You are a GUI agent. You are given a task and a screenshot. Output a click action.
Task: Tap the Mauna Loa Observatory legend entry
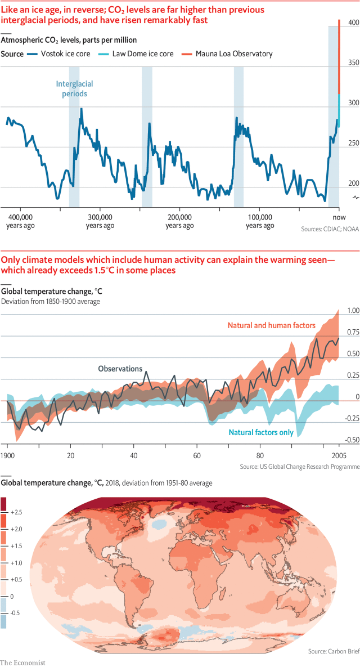[233, 54]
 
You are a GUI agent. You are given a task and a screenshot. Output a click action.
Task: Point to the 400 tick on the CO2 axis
[353, 23]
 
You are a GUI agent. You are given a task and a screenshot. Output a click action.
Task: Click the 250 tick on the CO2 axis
[353, 144]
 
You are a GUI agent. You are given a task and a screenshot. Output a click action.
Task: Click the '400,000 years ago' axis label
[21, 221]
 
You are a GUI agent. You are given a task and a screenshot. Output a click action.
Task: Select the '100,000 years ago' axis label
[260, 221]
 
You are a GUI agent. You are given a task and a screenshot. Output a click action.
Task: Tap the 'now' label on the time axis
[338, 217]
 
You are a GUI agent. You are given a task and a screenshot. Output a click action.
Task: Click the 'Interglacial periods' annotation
[74, 89]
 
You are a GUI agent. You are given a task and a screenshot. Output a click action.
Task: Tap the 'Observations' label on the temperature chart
[120, 369]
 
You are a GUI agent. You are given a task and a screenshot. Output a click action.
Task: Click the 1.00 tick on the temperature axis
[353, 311]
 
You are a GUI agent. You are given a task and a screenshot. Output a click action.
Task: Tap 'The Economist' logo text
[22, 662]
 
